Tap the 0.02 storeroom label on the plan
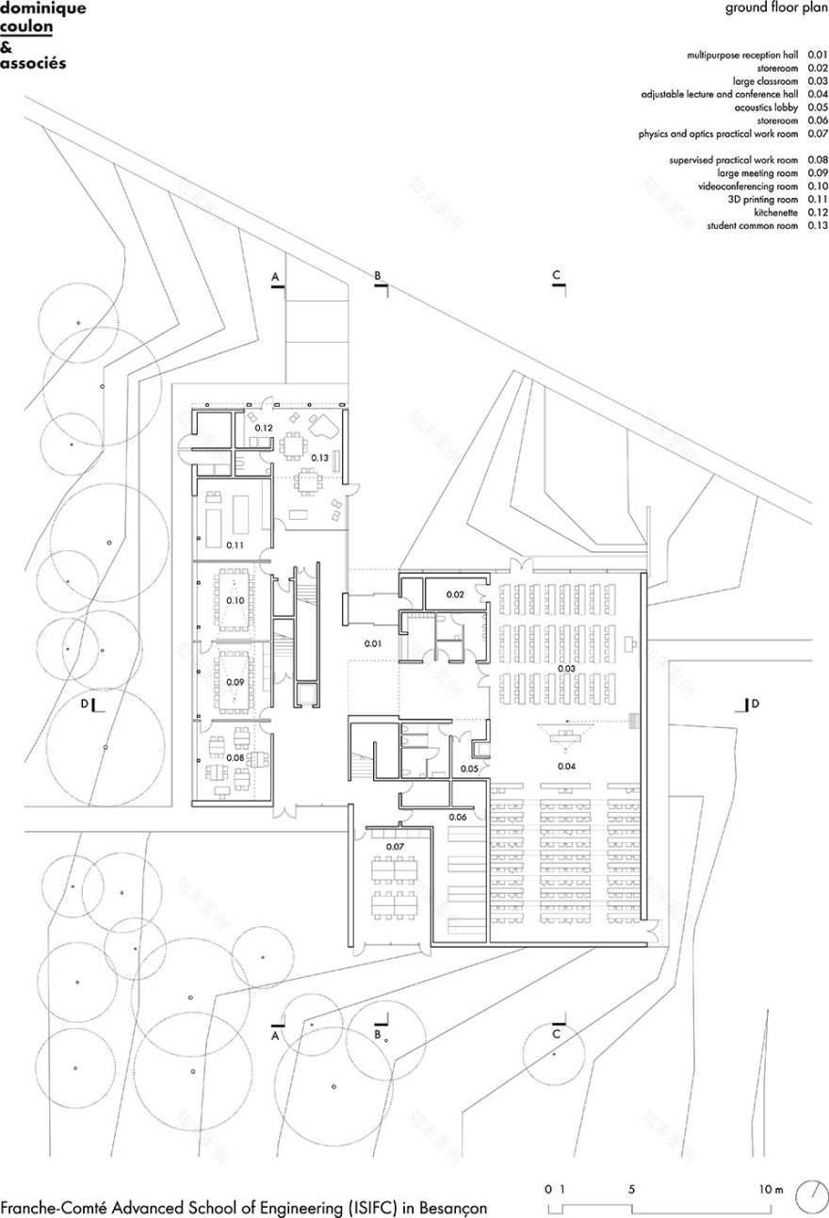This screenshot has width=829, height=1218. (x=455, y=594)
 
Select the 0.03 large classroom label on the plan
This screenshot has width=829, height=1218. (x=567, y=668)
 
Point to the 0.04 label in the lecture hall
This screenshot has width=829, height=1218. (x=566, y=767)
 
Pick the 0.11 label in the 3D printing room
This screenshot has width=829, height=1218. (x=235, y=545)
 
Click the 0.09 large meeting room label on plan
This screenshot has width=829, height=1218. (x=235, y=681)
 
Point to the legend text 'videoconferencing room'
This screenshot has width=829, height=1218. (x=751, y=187)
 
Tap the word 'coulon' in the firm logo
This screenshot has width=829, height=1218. (x=26, y=27)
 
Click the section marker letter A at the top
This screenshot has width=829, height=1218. (x=275, y=277)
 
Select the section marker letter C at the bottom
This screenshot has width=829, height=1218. (x=557, y=1034)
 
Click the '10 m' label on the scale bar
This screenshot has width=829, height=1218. (x=772, y=1190)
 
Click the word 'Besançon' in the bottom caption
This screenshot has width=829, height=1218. (x=448, y=1208)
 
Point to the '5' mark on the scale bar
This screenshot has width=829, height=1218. (x=630, y=1190)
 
